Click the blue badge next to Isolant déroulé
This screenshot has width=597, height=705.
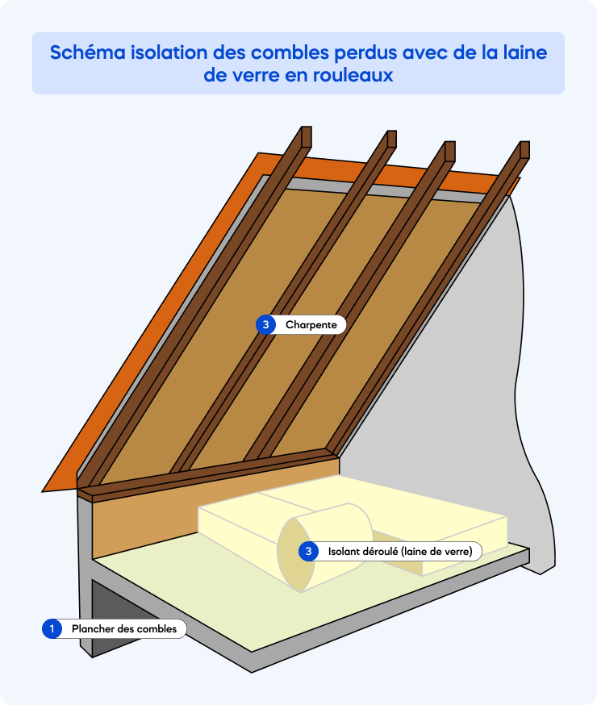pos(308,552)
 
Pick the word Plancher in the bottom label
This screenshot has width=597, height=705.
pos(92,629)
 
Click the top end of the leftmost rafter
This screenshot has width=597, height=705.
pos(305,136)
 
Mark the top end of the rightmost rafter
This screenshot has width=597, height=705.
pos(524,149)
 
